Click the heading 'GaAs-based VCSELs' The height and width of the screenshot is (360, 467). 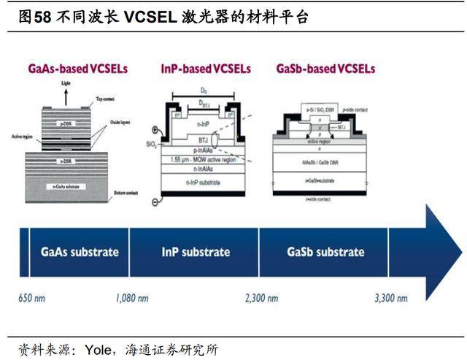(x=77, y=69)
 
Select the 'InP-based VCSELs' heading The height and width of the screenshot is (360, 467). (x=205, y=69)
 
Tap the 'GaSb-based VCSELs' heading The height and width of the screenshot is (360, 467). (x=325, y=69)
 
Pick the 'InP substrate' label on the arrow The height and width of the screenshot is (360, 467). (x=196, y=252)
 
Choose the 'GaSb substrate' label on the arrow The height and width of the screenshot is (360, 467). (x=325, y=252)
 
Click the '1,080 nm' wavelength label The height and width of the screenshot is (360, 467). (x=132, y=298)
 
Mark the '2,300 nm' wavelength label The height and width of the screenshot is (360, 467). (x=260, y=298)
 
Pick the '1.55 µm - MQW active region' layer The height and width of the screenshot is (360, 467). (x=202, y=159)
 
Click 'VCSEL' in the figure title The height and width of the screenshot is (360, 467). (x=144, y=16)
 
